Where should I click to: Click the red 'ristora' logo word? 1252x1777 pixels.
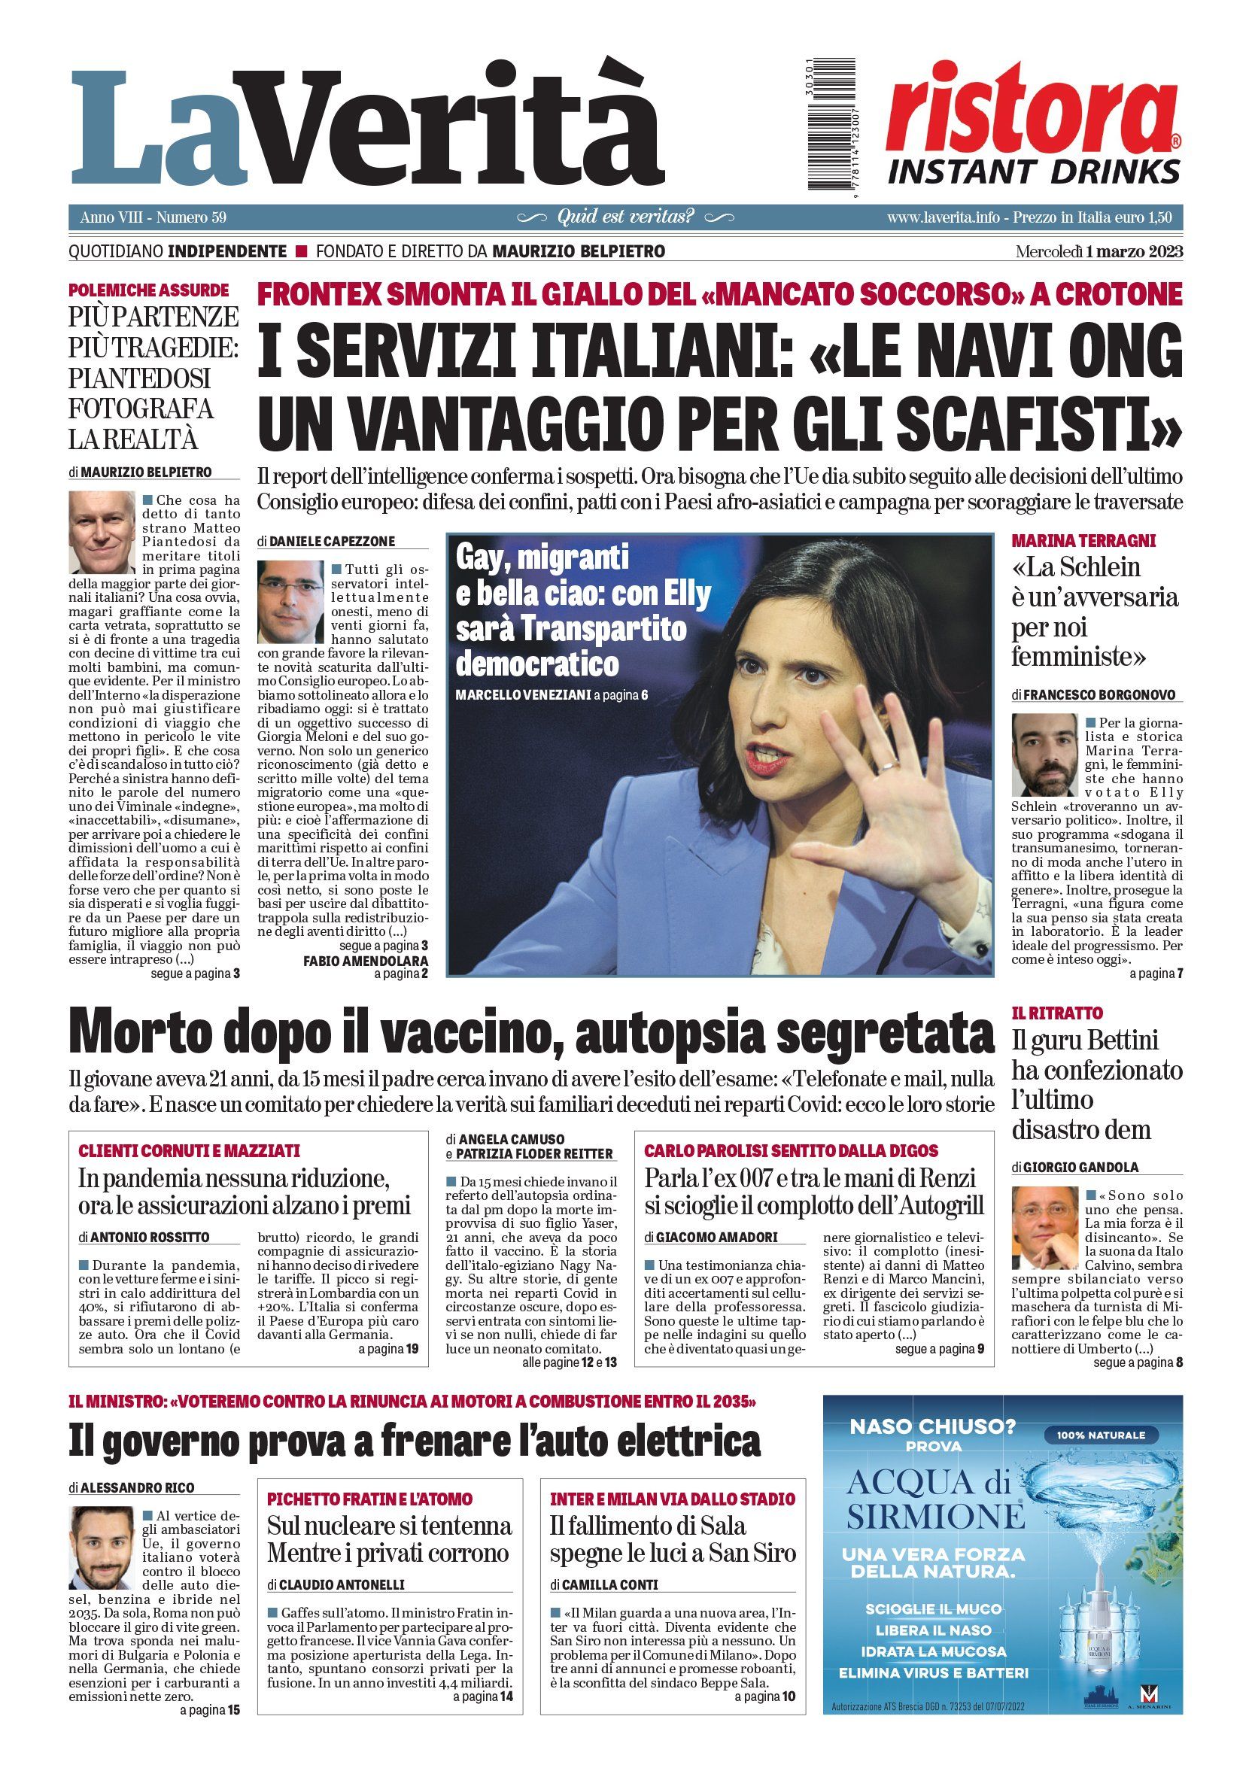[x=1029, y=109]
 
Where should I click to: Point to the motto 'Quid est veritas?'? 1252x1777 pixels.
[x=626, y=217]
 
